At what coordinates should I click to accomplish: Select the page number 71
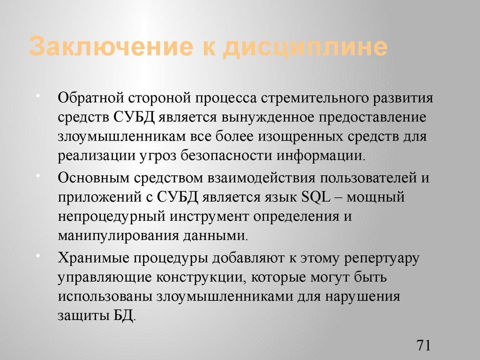tap(423, 346)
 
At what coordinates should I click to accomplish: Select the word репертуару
tap(380, 258)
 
